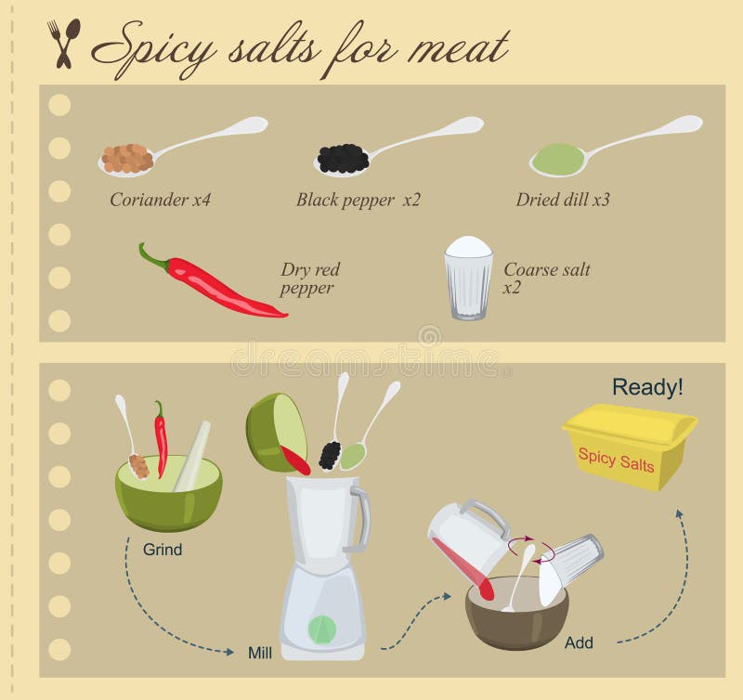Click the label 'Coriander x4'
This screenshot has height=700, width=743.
pos(161,199)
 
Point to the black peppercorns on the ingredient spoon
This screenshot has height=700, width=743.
pos(342,160)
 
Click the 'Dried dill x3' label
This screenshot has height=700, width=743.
pos(563,199)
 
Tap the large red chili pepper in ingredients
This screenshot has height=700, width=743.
pos(214,281)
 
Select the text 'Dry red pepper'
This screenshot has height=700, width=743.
pos(311,279)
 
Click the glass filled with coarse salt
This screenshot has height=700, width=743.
pos(468,279)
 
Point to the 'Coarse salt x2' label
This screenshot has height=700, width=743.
pos(546,279)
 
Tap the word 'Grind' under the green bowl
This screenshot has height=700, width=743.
pos(163,550)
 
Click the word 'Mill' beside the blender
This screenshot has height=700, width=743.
pos(260,652)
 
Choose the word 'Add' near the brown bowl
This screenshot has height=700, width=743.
pos(578,642)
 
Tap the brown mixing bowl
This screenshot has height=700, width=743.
pos(516,617)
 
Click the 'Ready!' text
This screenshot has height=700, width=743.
pos(647,388)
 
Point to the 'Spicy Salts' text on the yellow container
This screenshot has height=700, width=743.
pos(616,459)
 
